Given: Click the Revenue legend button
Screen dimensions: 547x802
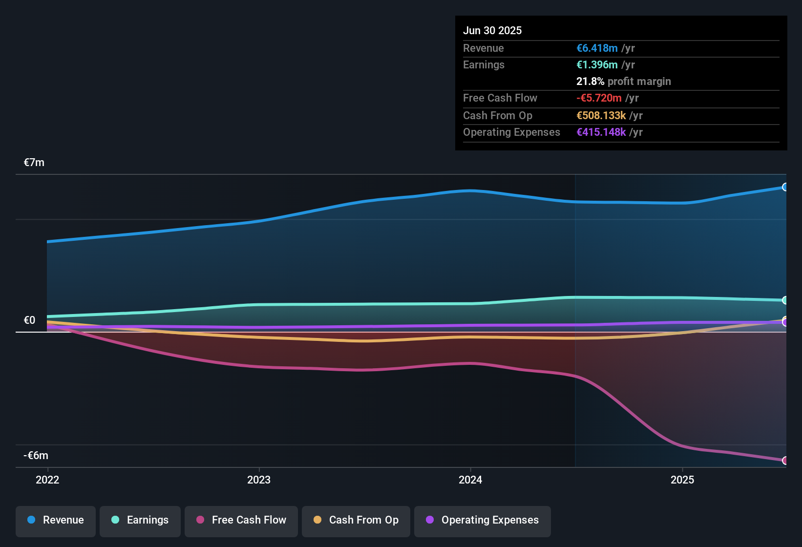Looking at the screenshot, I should coord(56,520).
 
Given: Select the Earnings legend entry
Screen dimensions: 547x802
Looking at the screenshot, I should coord(140,520).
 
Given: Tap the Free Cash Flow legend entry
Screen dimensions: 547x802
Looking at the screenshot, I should coord(241,520).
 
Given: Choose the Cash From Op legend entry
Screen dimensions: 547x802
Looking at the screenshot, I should coord(356,520).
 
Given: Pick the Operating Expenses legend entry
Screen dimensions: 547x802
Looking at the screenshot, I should coord(483,520).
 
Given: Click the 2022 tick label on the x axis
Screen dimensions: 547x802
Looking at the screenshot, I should coord(47,480).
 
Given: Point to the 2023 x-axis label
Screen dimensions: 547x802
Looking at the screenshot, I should coord(259,480).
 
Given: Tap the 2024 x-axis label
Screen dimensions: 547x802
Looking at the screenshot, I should coord(470,480).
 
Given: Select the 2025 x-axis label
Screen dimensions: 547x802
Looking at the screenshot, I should coord(682,480).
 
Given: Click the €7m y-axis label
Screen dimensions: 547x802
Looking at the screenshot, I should coord(34,163).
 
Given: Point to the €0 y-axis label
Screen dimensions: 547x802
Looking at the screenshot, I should coord(30,320).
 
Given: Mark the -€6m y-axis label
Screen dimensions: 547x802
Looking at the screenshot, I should coord(36,456).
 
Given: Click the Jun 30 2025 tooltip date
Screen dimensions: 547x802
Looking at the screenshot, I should coord(492,30).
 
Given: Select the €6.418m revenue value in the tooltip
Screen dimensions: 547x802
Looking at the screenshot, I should coord(597,48).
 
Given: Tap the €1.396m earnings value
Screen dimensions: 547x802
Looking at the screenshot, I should coord(597,65).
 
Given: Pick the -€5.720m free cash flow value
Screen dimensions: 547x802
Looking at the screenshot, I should coord(599,98).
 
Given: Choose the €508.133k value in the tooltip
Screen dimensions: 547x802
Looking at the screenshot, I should coord(601,116).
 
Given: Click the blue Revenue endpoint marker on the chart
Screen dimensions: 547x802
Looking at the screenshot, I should coord(785,187).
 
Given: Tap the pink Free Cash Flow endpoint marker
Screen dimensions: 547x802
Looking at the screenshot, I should coord(785,461).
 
